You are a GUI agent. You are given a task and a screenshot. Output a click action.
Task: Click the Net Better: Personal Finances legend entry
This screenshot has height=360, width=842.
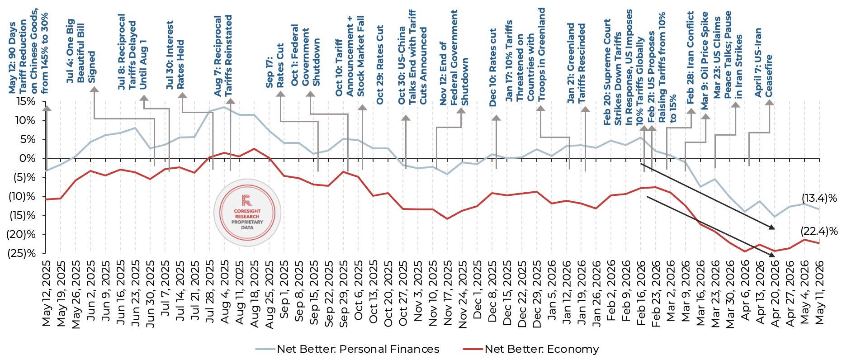pos(347,349)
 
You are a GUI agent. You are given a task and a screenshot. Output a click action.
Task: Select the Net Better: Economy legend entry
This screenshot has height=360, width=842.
pos(531,349)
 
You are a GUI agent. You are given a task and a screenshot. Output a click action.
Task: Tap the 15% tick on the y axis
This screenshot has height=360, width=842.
pos(26,101)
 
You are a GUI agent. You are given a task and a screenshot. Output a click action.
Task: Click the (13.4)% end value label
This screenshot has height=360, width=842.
pos(819,198)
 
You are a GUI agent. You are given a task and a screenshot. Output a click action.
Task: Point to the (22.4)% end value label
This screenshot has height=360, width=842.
pos(819,231)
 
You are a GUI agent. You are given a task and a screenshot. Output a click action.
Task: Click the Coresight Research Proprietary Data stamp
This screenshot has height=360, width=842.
pos(247,212)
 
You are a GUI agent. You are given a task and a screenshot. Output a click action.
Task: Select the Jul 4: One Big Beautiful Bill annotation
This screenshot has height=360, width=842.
pos(81,51)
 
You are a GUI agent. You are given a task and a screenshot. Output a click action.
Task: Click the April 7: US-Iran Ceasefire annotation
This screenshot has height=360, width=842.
pos(764,62)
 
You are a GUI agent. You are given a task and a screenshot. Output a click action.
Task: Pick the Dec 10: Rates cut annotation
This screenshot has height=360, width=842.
pos(493,67)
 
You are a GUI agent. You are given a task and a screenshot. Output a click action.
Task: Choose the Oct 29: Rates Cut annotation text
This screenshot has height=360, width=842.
pos(380,65)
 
